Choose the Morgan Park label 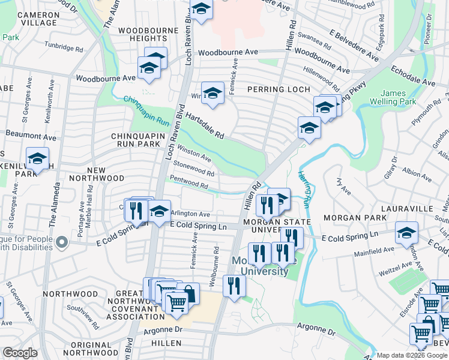coord(350,217)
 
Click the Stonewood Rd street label coord(193,169)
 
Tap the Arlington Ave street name coord(190,214)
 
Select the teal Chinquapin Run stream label coord(143,106)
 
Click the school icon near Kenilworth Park coord(37,159)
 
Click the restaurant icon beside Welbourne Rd coord(234,286)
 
